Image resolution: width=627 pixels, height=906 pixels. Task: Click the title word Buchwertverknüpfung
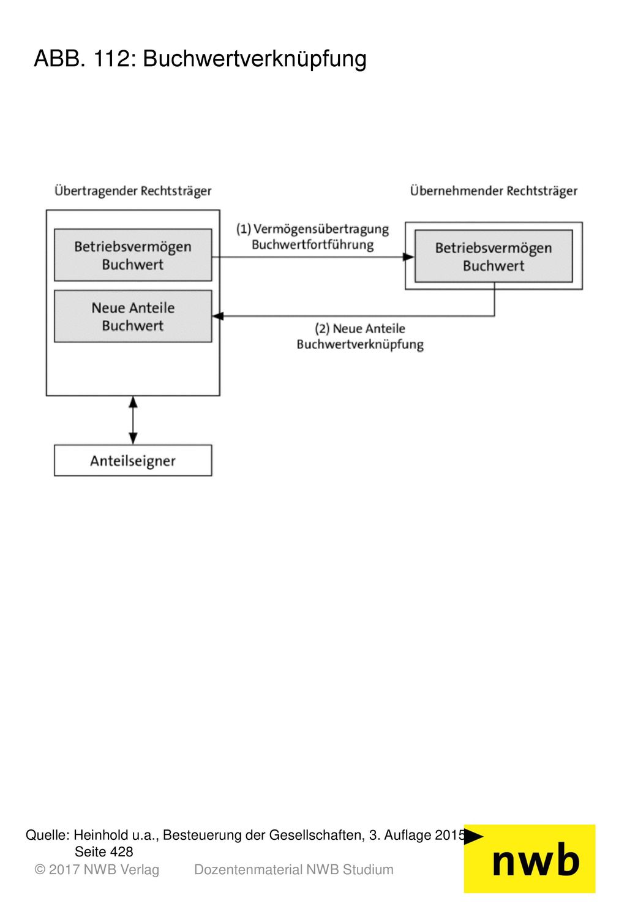click(x=255, y=59)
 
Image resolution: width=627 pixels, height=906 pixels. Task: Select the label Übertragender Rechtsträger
click(x=133, y=191)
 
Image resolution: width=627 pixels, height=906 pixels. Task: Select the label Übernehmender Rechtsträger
click(x=494, y=191)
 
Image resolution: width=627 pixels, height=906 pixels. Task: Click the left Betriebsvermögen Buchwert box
click(x=133, y=255)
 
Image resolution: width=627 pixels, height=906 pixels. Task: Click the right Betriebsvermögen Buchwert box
click(x=494, y=256)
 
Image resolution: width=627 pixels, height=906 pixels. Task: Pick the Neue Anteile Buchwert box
click(x=133, y=316)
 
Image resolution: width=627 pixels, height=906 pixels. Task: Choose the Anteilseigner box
click(x=133, y=460)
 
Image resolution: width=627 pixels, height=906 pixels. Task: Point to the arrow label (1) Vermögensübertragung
click(x=312, y=229)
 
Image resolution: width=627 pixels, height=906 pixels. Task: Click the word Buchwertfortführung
click(x=312, y=244)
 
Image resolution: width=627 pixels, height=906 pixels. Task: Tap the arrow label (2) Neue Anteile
click(x=360, y=328)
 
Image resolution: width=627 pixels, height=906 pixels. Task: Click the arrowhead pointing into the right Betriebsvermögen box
click(x=408, y=257)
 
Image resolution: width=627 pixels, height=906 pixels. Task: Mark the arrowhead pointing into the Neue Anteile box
click(x=218, y=316)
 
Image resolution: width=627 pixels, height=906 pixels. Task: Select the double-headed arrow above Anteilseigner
click(x=133, y=420)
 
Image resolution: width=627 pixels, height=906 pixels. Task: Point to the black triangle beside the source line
click(x=473, y=836)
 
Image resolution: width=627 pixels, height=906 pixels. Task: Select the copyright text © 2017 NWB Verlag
click(x=97, y=870)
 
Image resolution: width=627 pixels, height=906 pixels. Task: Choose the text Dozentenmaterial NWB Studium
click(x=294, y=870)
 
